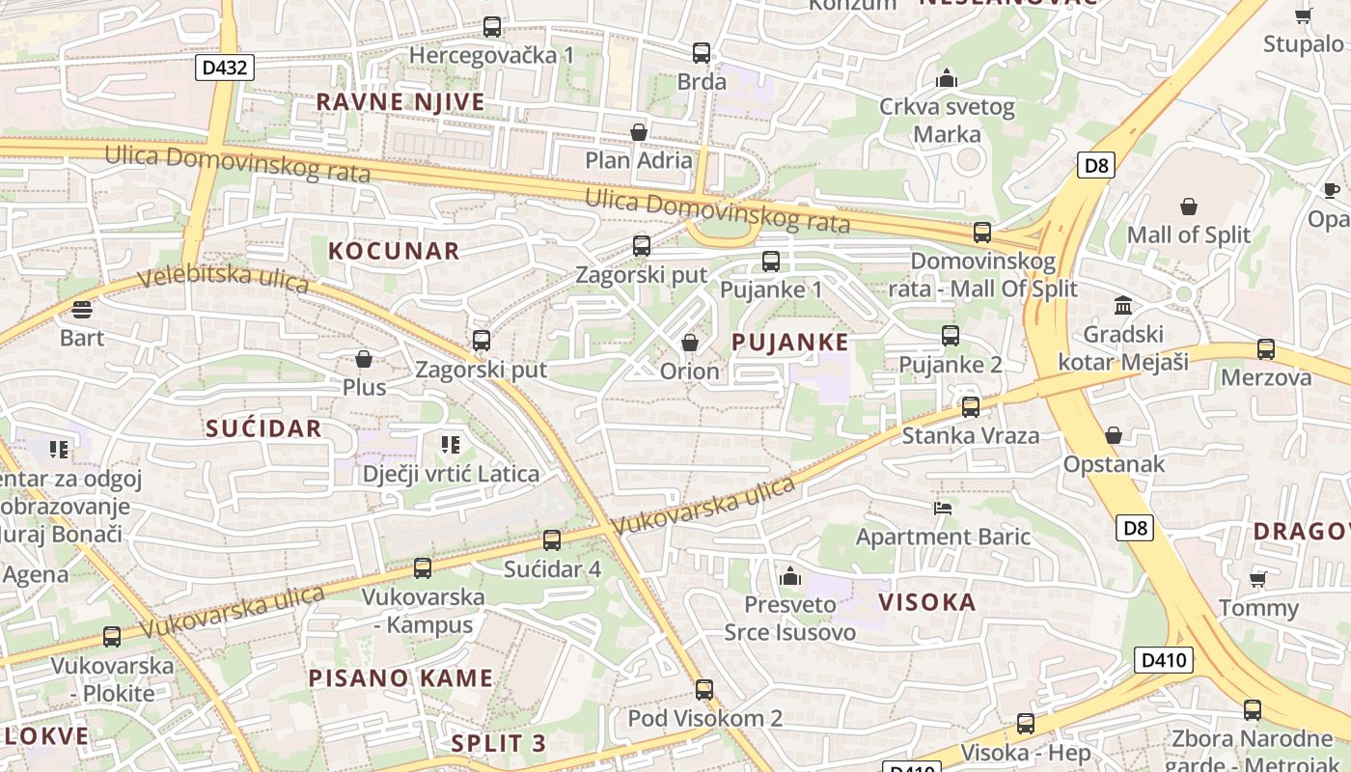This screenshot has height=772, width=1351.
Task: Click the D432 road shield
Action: pyautogui.click(x=225, y=68)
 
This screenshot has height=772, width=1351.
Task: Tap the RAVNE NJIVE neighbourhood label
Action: pyautogui.click(x=400, y=102)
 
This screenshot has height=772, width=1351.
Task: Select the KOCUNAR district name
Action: pyautogui.click(x=394, y=251)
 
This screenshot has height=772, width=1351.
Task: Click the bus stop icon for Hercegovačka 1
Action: pyautogui.click(x=492, y=27)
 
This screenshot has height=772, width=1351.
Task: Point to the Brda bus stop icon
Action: pyautogui.click(x=702, y=53)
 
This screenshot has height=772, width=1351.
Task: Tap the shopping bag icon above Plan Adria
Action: pyautogui.click(x=638, y=131)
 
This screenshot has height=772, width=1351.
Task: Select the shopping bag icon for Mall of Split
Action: pyautogui.click(x=1188, y=207)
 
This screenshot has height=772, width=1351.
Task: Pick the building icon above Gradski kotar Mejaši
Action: pyautogui.click(x=1123, y=306)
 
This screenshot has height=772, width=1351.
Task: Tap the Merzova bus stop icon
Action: pyautogui.click(x=1266, y=349)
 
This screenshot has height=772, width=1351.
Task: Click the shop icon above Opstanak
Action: pyautogui.click(x=1114, y=435)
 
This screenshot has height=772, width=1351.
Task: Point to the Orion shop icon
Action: pyautogui.click(x=690, y=343)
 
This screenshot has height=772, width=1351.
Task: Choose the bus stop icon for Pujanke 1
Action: pyautogui.click(x=771, y=261)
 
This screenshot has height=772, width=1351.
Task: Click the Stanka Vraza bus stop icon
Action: pyautogui.click(x=971, y=406)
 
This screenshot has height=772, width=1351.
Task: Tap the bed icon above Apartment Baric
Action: pyautogui.click(x=943, y=508)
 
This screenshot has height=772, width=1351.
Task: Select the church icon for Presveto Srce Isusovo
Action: pyautogui.click(x=790, y=577)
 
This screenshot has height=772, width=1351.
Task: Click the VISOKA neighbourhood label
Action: pyautogui.click(x=927, y=602)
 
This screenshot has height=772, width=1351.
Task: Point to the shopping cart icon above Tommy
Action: pyautogui.click(x=1257, y=579)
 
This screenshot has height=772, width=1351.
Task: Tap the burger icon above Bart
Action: pyautogui.click(x=82, y=310)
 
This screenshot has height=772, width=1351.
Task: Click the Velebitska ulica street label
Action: pyautogui.click(x=223, y=279)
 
